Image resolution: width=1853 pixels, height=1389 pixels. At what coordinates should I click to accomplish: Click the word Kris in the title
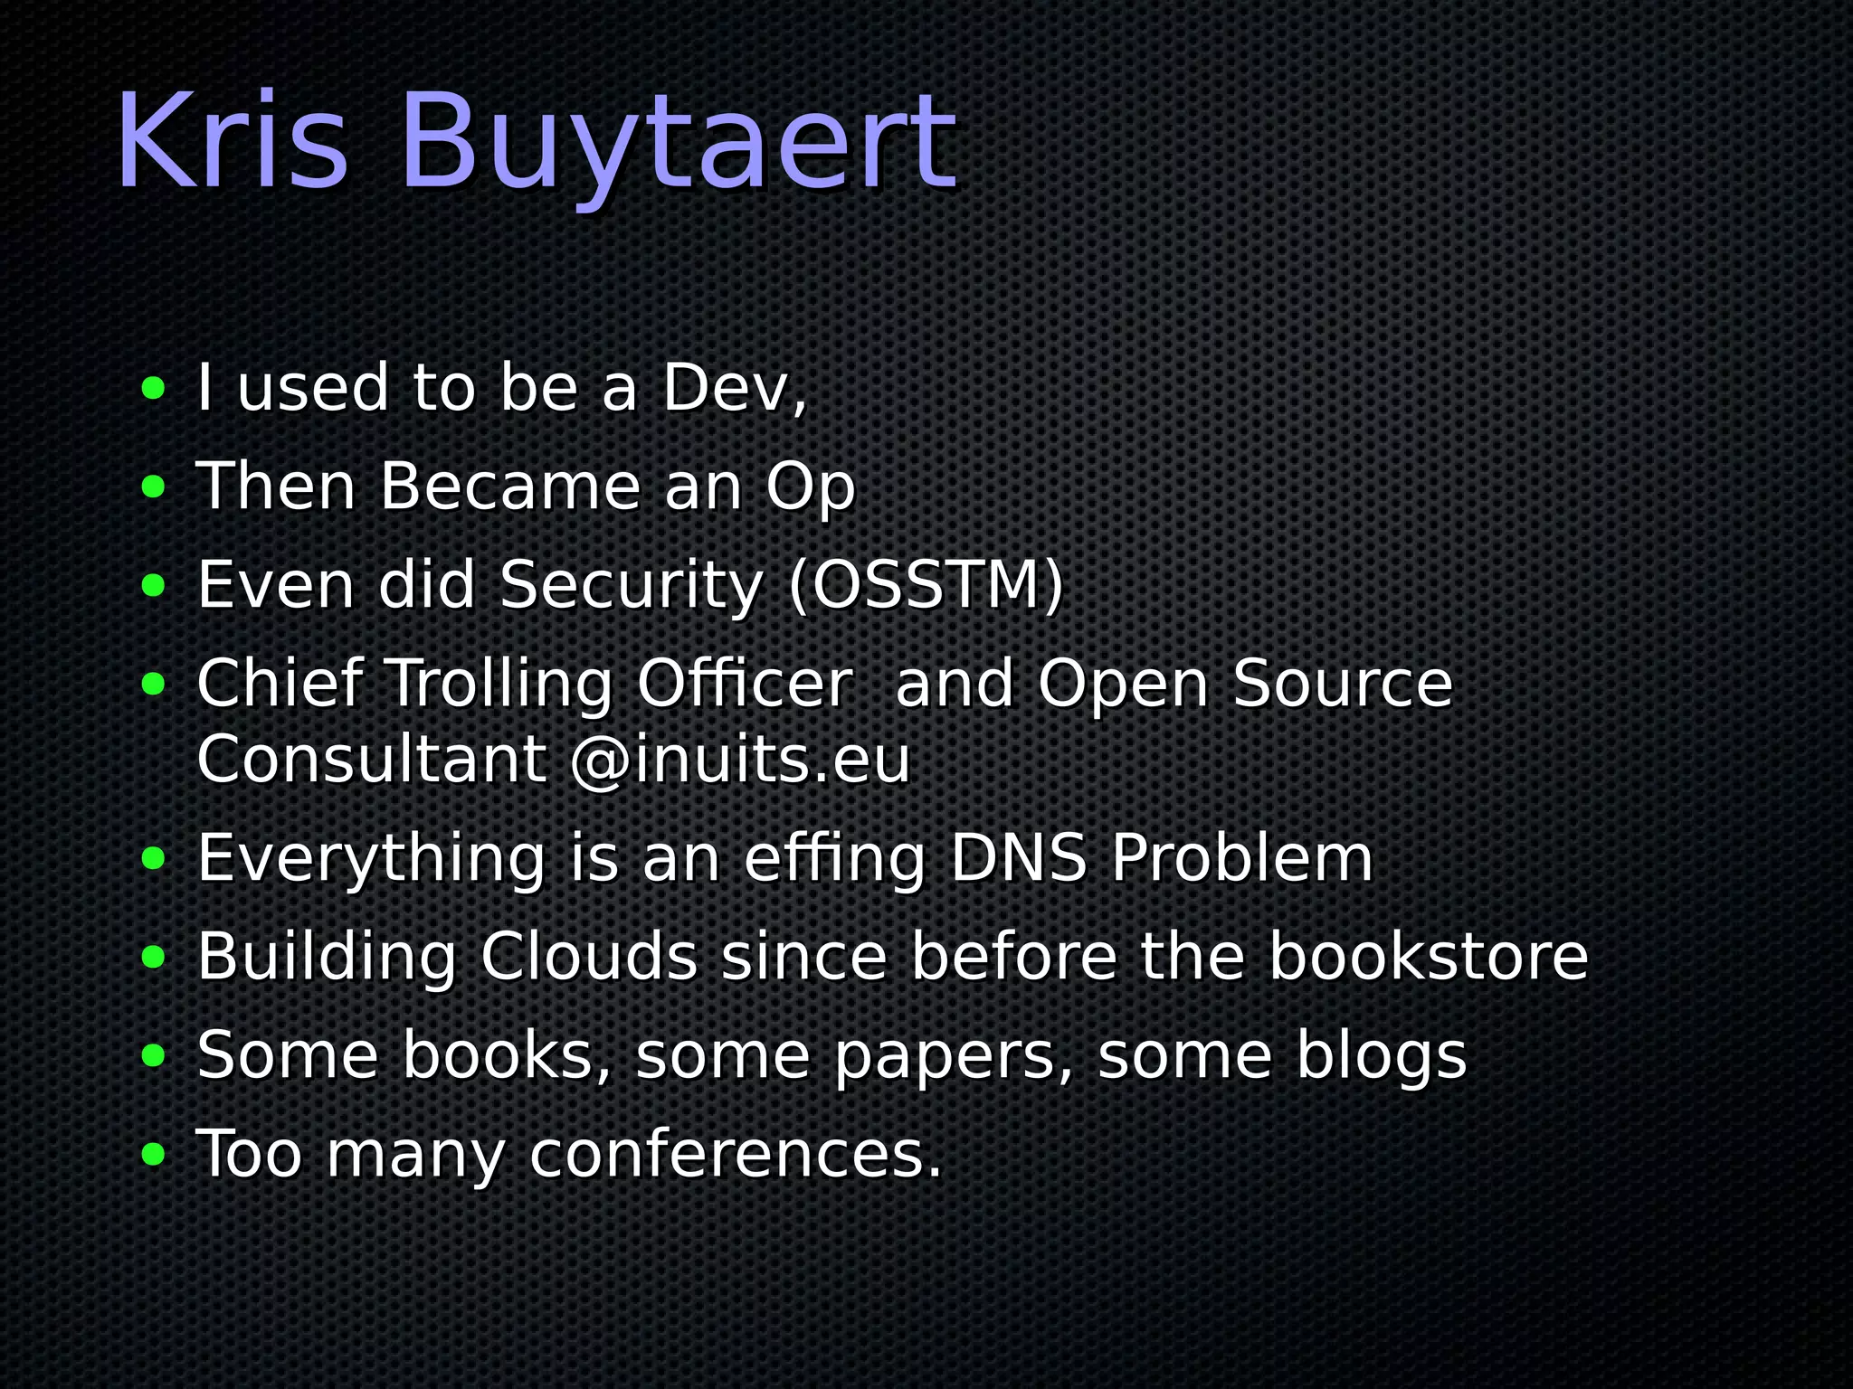click(232, 142)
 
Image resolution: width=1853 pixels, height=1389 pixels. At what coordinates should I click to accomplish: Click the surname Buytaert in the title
click(677, 145)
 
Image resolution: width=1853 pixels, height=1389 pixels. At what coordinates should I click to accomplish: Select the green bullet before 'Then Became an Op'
click(154, 488)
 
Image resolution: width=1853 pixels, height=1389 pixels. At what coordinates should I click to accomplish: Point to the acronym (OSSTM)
click(926, 586)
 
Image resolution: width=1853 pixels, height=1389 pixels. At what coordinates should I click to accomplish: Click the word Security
click(632, 586)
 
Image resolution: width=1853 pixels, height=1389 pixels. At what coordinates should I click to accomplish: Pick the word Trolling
click(500, 685)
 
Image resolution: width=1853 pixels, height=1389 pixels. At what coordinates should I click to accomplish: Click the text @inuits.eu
click(740, 761)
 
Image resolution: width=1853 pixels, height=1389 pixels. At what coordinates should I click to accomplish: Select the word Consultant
click(372, 761)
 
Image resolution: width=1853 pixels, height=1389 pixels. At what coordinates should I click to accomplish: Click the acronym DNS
click(1019, 858)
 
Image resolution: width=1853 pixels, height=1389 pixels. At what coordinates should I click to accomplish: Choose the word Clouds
click(589, 957)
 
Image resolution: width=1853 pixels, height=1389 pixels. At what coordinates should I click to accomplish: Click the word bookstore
click(1428, 957)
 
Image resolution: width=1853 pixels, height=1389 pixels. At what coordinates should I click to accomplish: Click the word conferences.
click(736, 1156)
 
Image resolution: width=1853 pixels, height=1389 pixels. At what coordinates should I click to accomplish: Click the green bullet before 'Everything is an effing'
click(154, 858)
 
